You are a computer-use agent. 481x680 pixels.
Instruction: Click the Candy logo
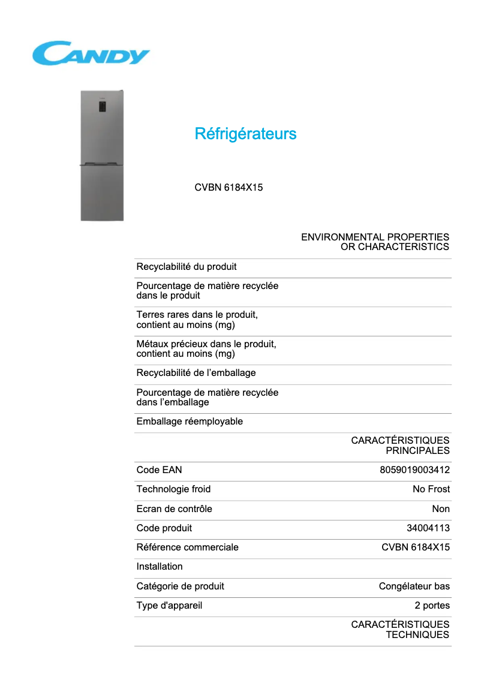click(x=91, y=53)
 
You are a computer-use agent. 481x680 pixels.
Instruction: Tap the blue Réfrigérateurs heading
click(x=245, y=134)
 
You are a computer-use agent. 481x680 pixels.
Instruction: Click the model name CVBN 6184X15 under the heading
click(x=229, y=188)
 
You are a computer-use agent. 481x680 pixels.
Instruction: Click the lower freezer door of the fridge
click(x=102, y=193)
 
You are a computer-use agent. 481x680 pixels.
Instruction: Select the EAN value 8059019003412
click(x=414, y=470)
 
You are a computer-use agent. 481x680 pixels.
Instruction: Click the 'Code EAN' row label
click(x=159, y=470)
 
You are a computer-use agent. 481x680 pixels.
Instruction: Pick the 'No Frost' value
click(x=431, y=489)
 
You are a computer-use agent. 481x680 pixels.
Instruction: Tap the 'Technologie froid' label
click(x=173, y=489)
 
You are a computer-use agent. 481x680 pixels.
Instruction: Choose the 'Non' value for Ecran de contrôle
click(x=440, y=509)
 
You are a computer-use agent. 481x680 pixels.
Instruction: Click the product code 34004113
click(x=428, y=528)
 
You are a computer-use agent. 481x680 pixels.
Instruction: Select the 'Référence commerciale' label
click(x=187, y=547)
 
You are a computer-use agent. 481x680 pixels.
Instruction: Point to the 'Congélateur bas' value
click(x=414, y=586)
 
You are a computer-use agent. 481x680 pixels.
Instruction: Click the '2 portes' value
click(x=432, y=606)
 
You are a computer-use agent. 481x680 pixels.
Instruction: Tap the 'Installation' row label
click(x=160, y=567)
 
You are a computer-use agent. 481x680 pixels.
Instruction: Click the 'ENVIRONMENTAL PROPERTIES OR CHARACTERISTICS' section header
click(x=375, y=242)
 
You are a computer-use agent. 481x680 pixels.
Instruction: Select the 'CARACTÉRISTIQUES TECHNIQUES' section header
click(x=400, y=630)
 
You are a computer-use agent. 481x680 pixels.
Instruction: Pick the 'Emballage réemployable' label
click(x=190, y=422)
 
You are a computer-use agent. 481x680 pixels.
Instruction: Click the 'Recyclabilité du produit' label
click(x=187, y=267)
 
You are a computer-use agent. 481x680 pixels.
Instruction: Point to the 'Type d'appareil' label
click(x=169, y=606)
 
